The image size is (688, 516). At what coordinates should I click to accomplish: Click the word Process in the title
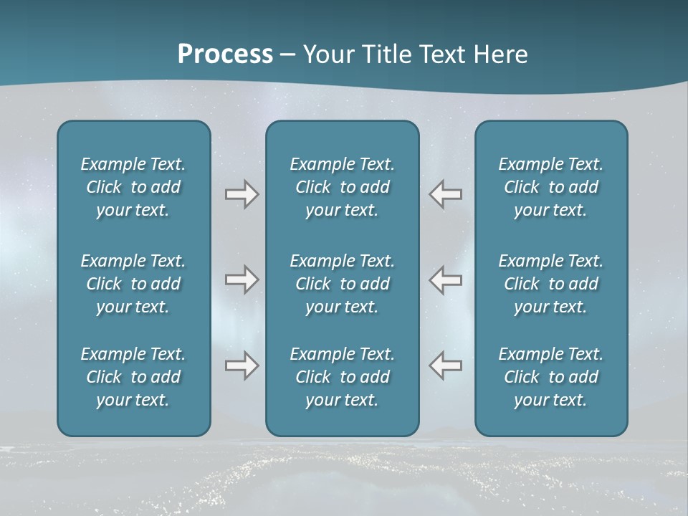tap(225, 54)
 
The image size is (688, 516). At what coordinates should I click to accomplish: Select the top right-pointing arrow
tap(242, 194)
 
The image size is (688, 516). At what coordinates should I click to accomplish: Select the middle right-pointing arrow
tap(242, 279)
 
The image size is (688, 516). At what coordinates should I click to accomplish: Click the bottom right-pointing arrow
tap(242, 365)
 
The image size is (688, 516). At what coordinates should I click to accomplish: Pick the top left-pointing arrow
tap(446, 194)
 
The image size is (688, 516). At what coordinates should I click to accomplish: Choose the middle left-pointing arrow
tap(446, 279)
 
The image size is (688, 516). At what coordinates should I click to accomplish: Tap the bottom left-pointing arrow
tap(446, 365)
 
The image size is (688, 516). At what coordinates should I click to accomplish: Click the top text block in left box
tap(133, 187)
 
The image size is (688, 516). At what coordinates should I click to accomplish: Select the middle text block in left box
tap(133, 284)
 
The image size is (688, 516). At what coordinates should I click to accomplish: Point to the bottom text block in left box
tap(133, 377)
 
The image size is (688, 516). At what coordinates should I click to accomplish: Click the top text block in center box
tap(342, 187)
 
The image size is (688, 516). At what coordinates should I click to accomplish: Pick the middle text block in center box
tap(342, 284)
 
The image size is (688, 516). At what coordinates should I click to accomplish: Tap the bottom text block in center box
tap(342, 377)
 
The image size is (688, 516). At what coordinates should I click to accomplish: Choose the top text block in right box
tap(550, 187)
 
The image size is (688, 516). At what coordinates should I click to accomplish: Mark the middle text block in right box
tap(550, 284)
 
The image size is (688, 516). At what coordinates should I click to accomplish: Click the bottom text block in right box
tap(550, 377)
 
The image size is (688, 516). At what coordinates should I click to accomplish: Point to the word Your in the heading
tap(328, 54)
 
